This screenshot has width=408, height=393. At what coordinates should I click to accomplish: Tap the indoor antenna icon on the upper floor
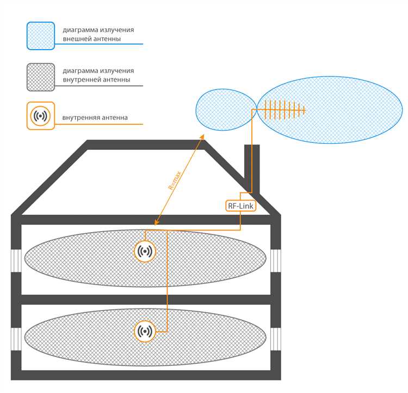(145, 251)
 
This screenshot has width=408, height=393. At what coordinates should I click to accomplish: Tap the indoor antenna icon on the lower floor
(145, 331)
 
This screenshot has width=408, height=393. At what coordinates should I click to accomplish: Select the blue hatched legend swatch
(40, 35)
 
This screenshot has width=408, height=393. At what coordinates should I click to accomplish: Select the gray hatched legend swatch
(40, 77)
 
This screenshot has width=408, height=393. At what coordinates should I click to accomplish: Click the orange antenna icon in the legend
(40, 116)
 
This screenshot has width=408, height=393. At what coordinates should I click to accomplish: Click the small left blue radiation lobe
(223, 110)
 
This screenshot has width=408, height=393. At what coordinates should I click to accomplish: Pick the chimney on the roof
(252, 166)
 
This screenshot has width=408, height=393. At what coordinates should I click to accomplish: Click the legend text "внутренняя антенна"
(95, 117)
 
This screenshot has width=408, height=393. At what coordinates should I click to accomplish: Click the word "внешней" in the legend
(76, 39)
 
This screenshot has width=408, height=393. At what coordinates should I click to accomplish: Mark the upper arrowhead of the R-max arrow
(202, 137)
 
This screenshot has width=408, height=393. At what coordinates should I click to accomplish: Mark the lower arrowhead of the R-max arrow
(156, 223)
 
